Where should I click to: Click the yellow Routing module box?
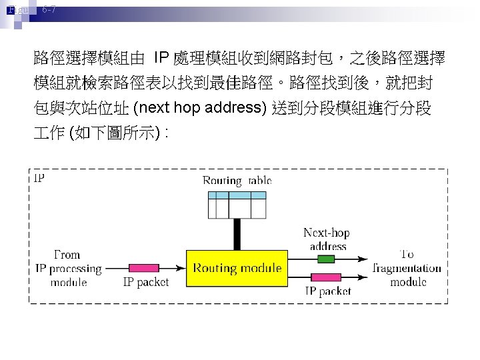237,269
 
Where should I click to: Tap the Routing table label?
237,181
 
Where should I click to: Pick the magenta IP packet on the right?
325,277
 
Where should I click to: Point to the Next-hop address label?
327,239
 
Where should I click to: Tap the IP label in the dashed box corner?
39,178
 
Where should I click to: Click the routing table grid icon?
237,205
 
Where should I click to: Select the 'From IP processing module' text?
69,269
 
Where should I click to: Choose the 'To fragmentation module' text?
408,268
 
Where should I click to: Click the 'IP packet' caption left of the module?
146,283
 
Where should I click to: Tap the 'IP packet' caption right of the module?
328,291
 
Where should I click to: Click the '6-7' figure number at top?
49,10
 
